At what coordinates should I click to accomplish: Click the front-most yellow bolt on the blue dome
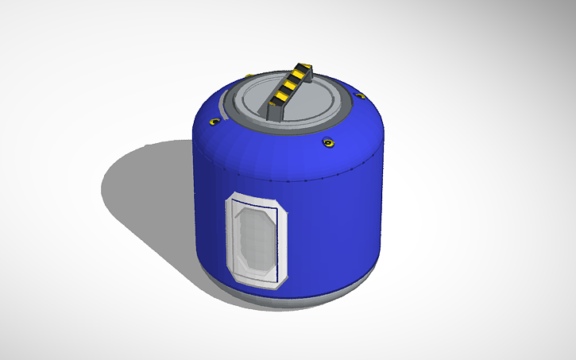click(327, 143)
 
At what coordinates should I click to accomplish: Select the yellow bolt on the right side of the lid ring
click(360, 96)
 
